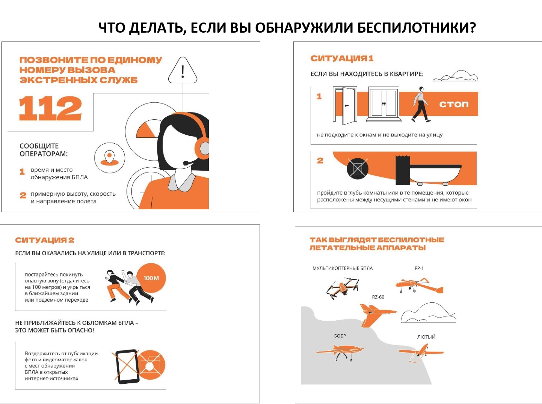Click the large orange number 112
pyautogui.click(x=50, y=108)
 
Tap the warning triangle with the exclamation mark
pyautogui.click(x=183, y=70)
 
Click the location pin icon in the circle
pyautogui.click(x=109, y=158)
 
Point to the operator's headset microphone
pyautogui.click(x=190, y=162)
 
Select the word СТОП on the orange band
pyautogui.click(x=454, y=104)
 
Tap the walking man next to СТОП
pyautogui.click(x=421, y=105)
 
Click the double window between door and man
pyautogui.click(x=384, y=104)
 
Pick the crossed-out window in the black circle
pyautogui.click(x=358, y=169)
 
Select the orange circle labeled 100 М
pyautogui.click(x=151, y=278)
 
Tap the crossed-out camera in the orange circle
pyautogui.click(x=151, y=365)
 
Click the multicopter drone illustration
pyautogui.click(x=342, y=288)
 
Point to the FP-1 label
pyautogui.click(x=419, y=268)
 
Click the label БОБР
pyautogui.click(x=340, y=336)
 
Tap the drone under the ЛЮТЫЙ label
pyautogui.click(x=421, y=353)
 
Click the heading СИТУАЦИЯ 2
pyautogui.click(x=45, y=240)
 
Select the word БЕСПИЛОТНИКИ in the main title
pyautogui.click(x=417, y=27)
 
